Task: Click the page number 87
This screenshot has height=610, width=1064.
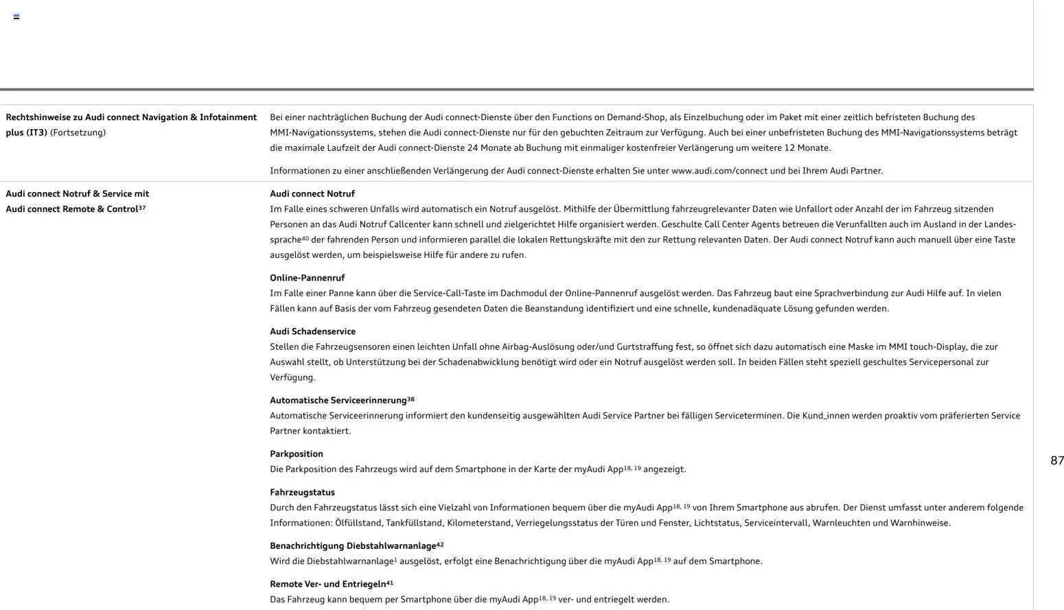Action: pyautogui.click(x=1056, y=460)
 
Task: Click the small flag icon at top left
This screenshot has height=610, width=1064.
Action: pyautogui.click(x=16, y=16)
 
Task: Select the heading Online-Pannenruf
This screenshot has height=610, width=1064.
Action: pyautogui.click(x=307, y=278)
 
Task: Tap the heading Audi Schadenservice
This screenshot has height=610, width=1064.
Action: pyautogui.click(x=312, y=331)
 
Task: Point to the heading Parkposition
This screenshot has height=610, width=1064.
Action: pyautogui.click(x=296, y=454)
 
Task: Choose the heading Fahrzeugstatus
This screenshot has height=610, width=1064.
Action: pyautogui.click(x=302, y=492)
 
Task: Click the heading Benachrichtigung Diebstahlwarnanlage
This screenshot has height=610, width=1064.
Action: pyautogui.click(x=353, y=546)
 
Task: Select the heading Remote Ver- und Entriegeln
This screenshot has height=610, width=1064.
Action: pyautogui.click(x=327, y=584)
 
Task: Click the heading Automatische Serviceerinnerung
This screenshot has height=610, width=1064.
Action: pyautogui.click(x=338, y=400)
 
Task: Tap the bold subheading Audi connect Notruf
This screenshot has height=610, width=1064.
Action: pyautogui.click(x=312, y=193)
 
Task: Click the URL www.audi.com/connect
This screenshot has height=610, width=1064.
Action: pyautogui.click(x=719, y=171)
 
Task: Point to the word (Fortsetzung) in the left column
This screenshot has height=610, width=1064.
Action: pyautogui.click(x=78, y=132)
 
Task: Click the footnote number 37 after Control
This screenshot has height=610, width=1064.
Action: pyautogui.click(x=142, y=207)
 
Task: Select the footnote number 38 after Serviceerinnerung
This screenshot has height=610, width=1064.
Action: pyautogui.click(x=410, y=399)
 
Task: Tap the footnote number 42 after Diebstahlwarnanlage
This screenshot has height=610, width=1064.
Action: pyautogui.click(x=440, y=545)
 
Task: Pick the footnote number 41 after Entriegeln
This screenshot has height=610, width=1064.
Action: pyautogui.click(x=390, y=583)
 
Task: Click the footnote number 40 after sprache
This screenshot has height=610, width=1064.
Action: pyautogui.click(x=305, y=238)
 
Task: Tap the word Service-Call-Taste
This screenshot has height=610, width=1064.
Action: pyautogui.click(x=452, y=293)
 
